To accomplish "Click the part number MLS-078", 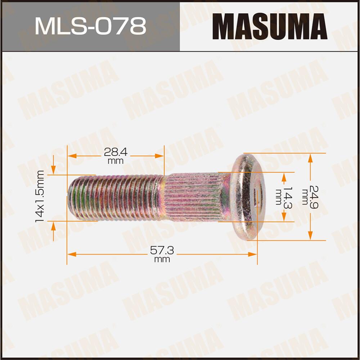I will pos(90,26).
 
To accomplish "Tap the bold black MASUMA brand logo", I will pos(269,26).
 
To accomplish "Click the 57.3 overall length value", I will pos(162,251).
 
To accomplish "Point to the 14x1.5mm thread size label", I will pos(40,196).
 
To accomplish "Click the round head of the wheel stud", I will pos(248,196).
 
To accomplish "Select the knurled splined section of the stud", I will pos(193,197).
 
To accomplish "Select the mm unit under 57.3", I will pos(162,260).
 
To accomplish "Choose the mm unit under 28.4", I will pos(116,161).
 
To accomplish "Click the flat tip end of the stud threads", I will pos(69,197).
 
